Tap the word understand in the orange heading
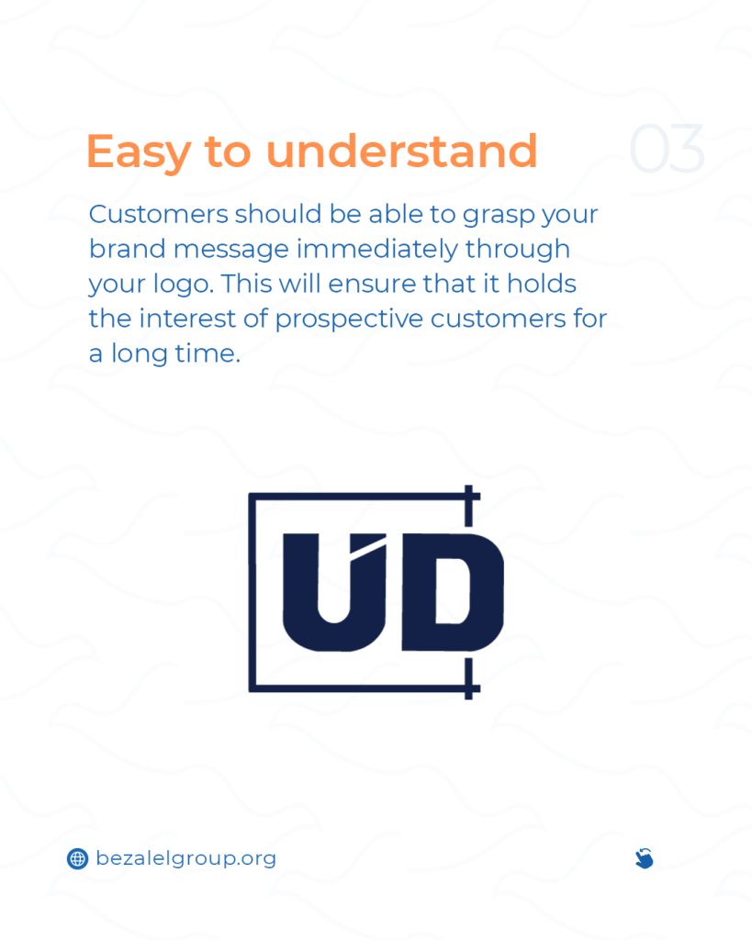(x=401, y=151)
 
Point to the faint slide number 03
(x=667, y=149)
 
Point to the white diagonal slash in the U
(x=367, y=549)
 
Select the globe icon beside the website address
(x=77, y=858)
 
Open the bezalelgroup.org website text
(x=185, y=859)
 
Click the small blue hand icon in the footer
(x=644, y=858)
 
